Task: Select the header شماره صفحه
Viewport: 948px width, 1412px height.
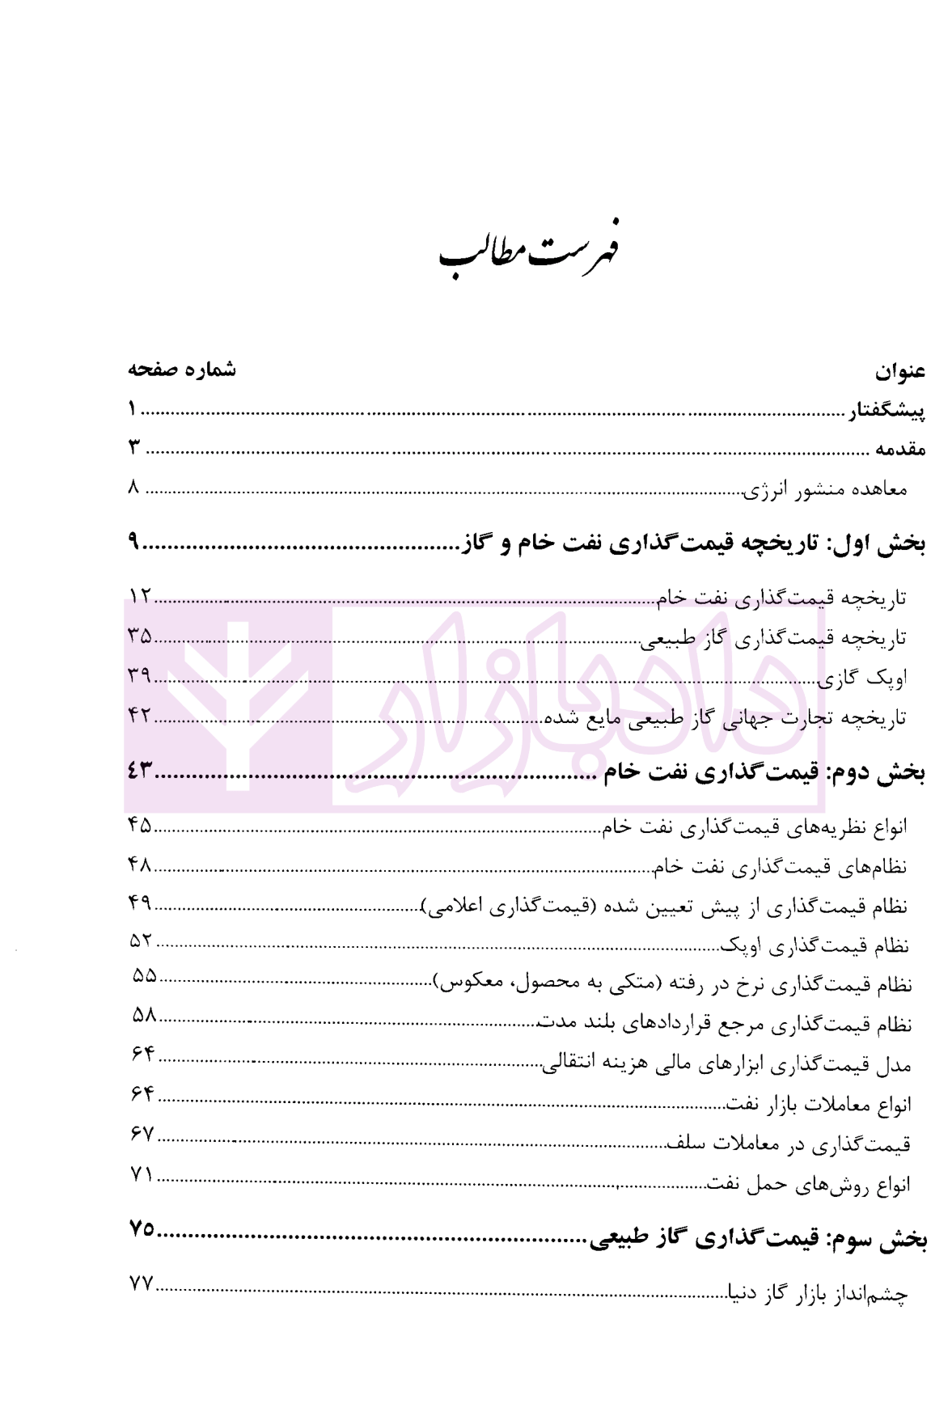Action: coord(182,370)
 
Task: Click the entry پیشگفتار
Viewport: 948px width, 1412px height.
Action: coord(886,412)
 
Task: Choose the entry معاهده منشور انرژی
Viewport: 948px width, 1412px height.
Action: coord(826,489)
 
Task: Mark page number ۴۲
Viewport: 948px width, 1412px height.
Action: coord(139,715)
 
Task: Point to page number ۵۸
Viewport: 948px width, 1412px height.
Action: coord(144,1016)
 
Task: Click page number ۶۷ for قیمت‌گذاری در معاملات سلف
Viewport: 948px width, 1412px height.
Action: coord(142,1135)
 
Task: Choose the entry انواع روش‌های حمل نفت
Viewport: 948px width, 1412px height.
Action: coord(810,1185)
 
